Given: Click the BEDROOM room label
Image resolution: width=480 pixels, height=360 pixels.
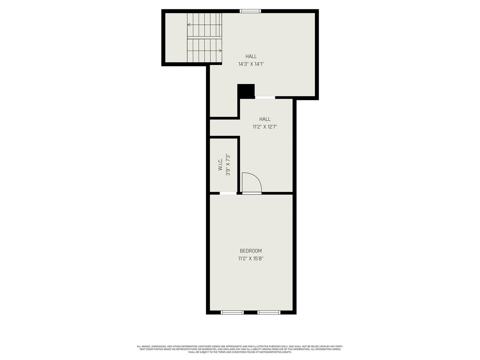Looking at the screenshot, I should [251, 251].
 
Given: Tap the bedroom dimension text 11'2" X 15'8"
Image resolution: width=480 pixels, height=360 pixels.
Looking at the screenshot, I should [251, 258].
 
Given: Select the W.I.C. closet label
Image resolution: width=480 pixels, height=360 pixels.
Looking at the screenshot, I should [220, 164].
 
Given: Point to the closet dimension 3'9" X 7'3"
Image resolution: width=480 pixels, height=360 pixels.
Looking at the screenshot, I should [228, 164].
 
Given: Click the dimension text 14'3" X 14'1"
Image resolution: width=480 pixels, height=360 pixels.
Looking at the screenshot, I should [251, 64].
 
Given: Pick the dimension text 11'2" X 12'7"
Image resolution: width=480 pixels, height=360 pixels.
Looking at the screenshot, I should [265, 127].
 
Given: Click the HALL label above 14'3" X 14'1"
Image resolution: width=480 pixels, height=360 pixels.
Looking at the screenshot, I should [251, 57].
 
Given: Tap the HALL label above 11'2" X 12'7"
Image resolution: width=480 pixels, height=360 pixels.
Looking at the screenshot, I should [265, 119].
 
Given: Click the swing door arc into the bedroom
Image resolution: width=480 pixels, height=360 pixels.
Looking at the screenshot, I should [252, 183].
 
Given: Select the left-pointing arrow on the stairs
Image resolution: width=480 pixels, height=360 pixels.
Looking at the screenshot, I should [189, 25].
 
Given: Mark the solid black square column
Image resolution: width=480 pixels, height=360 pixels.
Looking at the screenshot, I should [246, 91].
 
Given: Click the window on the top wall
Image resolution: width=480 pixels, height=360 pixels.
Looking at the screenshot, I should [250, 11].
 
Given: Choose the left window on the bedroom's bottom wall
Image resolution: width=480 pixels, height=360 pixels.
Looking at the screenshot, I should [232, 312].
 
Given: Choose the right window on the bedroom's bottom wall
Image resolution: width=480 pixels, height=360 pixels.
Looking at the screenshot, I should [268, 312].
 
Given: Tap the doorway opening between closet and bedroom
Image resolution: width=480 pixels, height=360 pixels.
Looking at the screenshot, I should [228, 193].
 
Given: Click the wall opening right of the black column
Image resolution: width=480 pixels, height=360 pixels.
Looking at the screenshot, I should [265, 97].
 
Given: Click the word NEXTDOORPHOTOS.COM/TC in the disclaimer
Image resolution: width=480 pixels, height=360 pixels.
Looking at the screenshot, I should [274, 352].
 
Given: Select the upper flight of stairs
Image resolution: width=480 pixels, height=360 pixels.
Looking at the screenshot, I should [204, 25].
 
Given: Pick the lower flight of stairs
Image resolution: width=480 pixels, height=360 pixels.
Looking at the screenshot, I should [204, 51].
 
